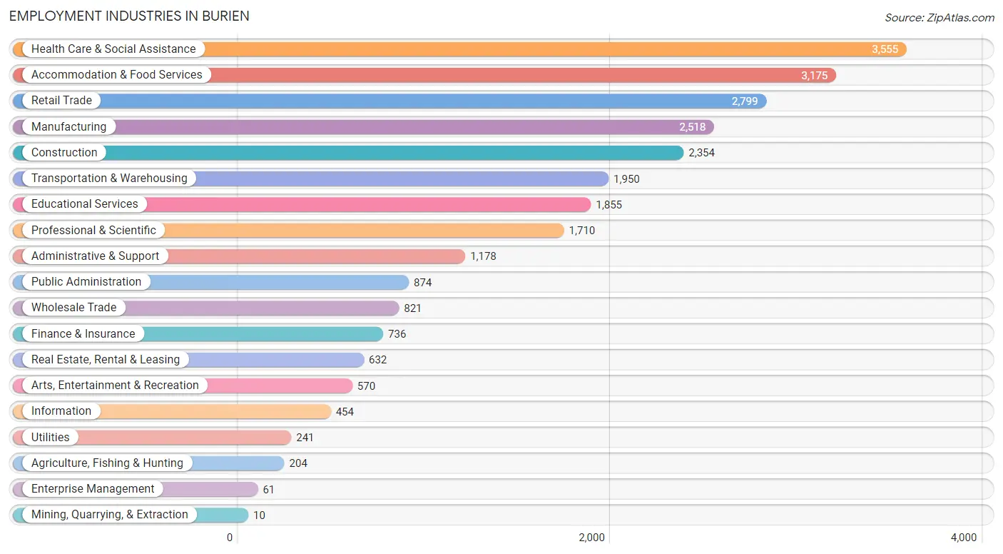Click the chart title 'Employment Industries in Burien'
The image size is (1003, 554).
[129, 16]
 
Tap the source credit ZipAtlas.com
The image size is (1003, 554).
[940, 17]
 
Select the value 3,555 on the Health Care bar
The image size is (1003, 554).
[885, 49]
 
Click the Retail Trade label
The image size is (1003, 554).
[61, 101]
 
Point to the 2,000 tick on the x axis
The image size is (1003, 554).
[591, 538]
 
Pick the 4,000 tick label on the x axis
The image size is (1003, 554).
[964, 538]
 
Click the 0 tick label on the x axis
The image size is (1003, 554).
[230, 538]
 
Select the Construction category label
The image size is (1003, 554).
[64, 152]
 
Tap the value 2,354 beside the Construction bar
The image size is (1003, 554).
[702, 153]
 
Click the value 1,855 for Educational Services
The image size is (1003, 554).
[609, 205]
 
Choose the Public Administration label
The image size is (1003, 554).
[86, 281]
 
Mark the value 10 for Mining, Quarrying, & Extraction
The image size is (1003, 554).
[259, 515]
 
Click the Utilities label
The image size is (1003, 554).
[50, 437]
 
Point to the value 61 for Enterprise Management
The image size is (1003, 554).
[268, 490]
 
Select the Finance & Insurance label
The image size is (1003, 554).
[83, 333]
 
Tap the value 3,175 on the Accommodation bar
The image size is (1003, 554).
[815, 75]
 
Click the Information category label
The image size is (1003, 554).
[61, 411]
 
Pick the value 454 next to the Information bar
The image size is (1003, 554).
[345, 412]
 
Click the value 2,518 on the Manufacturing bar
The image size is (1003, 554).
[692, 127]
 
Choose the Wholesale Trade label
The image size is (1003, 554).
[73, 308]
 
